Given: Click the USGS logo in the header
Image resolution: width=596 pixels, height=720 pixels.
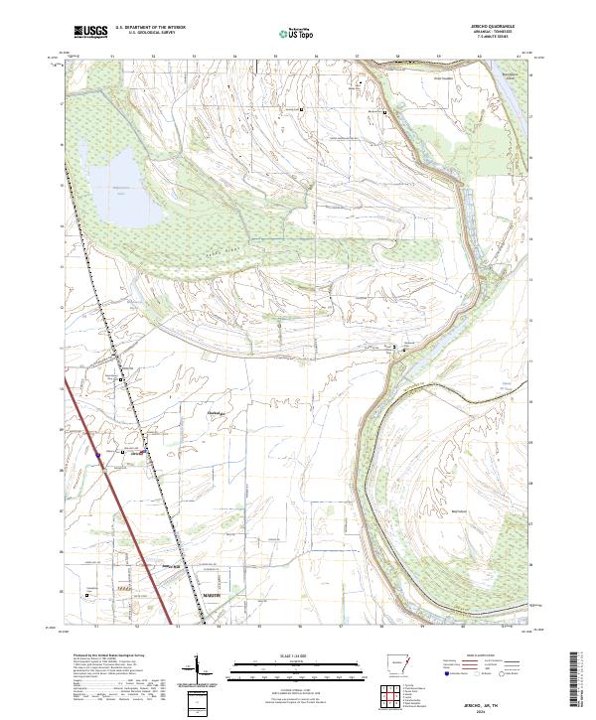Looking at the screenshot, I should pos(90,32).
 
